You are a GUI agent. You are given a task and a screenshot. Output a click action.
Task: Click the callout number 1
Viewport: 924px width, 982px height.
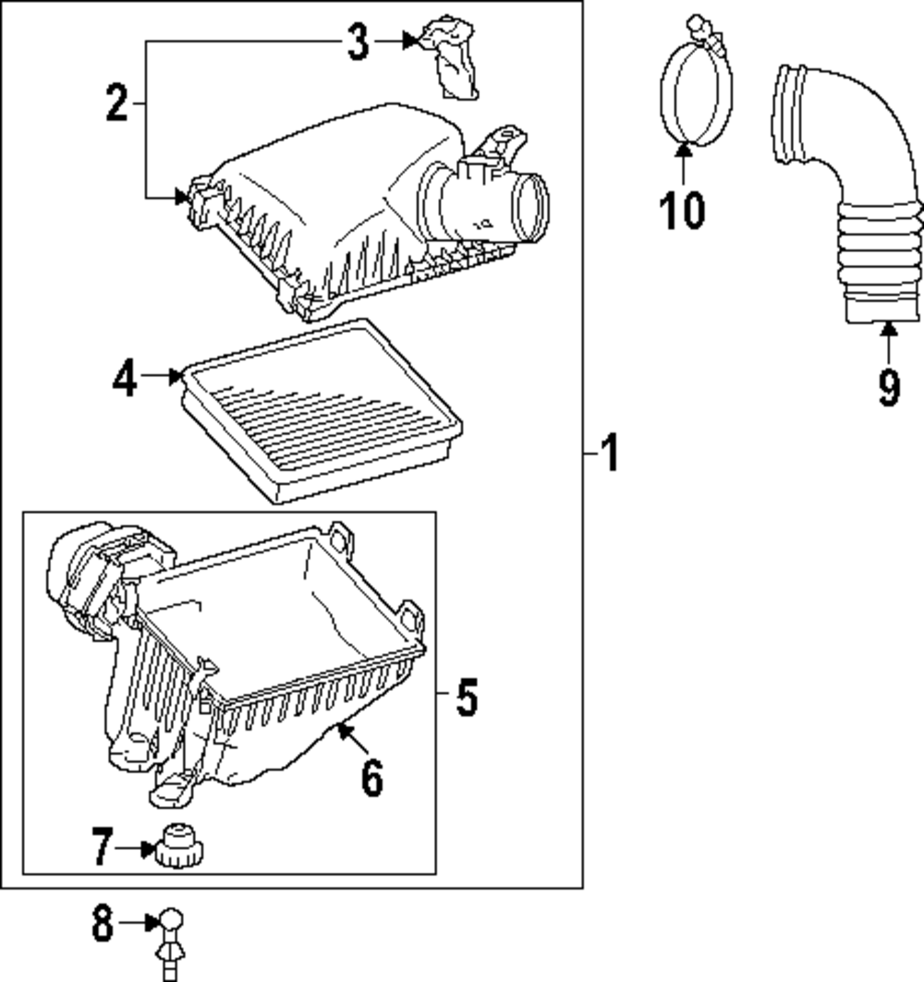point(609,455)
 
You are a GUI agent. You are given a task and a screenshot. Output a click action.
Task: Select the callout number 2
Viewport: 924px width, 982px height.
point(116,103)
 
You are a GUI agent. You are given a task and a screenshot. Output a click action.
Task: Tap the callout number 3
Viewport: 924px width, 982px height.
point(358,42)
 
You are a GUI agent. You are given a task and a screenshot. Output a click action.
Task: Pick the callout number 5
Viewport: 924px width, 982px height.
point(467,697)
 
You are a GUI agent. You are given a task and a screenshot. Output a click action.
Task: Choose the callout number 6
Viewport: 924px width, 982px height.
point(371,778)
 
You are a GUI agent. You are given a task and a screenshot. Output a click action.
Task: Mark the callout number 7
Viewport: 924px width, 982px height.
point(103,847)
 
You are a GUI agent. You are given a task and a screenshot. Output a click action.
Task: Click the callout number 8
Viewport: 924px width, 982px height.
point(102,923)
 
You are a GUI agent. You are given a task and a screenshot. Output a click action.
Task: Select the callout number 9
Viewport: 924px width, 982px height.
point(888,387)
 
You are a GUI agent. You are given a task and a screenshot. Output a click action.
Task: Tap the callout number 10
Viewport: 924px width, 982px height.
point(682,210)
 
